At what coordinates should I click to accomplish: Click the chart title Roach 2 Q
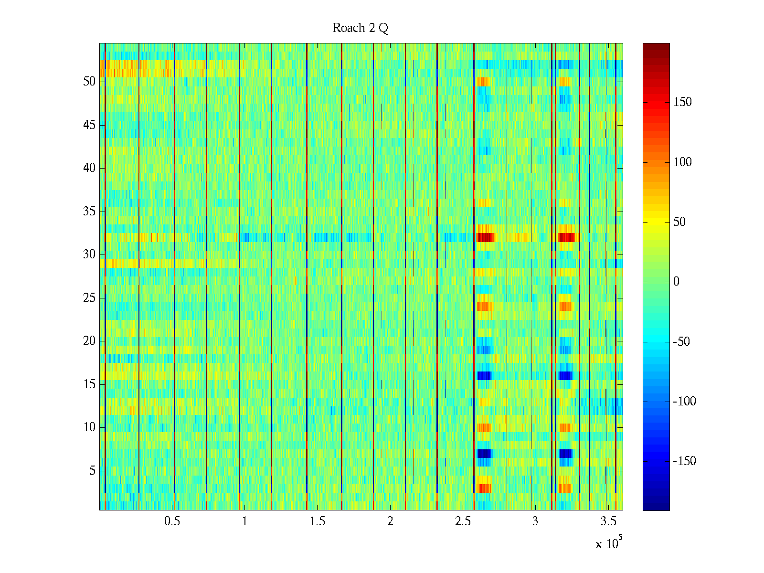[x=360, y=28]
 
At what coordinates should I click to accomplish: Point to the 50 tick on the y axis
[x=89, y=82]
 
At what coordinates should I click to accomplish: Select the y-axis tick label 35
[x=89, y=212]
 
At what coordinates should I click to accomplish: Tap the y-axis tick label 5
[x=92, y=471]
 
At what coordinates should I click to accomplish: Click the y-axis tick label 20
[x=89, y=341]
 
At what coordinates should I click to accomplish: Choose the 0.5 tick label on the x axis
[x=172, y=521]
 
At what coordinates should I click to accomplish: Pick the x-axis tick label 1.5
[x=318, y=521]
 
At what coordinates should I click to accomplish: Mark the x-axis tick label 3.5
[x=608, y=521]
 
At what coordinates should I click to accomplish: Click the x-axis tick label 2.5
[x=463, y=521]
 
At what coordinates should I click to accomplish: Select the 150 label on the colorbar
[x=682, y=102]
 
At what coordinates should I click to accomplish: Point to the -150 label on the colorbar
[x=684, y=461]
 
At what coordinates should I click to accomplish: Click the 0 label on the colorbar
[x=676, y=282]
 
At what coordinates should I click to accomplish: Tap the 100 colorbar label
[x=682, y=162]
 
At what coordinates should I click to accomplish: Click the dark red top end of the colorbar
[x=656, y=46]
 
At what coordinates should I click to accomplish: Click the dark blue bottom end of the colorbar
[x=656, y=507]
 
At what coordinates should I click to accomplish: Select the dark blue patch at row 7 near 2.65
[x=484, y=453]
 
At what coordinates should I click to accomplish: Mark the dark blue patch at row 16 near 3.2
[x=565, y=375]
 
